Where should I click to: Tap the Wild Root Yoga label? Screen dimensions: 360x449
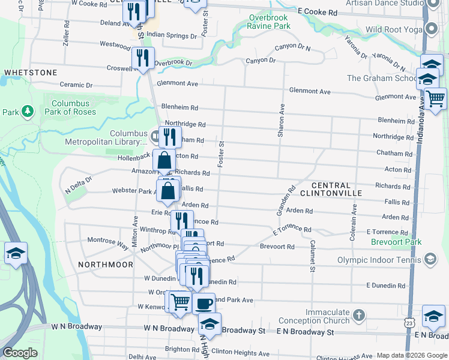391,29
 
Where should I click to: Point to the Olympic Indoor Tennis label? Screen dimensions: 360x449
379,260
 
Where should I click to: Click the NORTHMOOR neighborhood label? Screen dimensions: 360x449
105,263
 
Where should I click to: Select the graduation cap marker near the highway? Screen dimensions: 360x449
16,253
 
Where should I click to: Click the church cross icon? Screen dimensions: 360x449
358,315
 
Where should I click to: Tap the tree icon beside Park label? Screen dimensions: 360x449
27,112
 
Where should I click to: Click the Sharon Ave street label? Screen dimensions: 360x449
281,121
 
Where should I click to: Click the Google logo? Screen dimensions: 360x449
20,353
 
